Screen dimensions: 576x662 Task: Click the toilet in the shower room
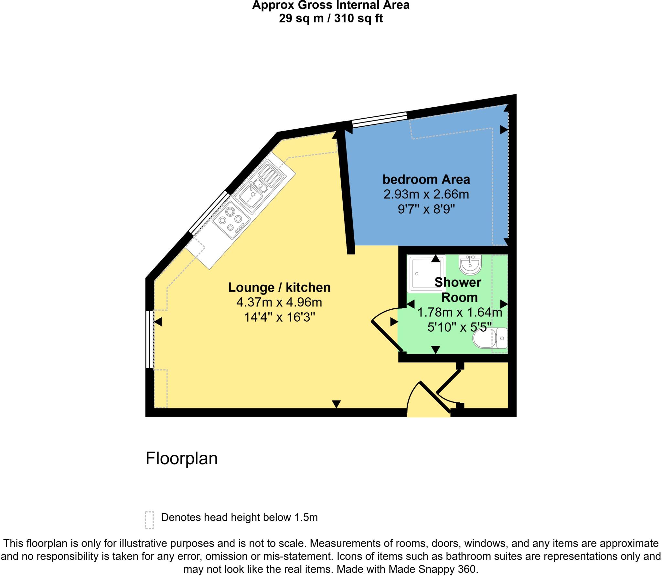coord(490,338)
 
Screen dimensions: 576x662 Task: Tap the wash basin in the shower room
coord(470,264)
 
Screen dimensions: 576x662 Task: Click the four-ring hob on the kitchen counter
coord(231,219)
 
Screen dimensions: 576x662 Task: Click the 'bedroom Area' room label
coord(426,179)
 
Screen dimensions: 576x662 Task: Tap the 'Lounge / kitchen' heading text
coord(279,287)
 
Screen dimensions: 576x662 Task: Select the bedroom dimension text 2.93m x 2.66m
coord(426,195)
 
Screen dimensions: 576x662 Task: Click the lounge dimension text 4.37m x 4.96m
coord(279,303)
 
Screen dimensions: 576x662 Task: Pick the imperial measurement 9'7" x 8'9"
coord(426,210)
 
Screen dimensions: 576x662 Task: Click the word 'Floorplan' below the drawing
coord(181,459)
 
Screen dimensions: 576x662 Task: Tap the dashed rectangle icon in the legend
coord(149,520)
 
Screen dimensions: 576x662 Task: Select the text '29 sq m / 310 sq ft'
coord(331,18)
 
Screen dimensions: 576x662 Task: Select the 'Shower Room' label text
coord(458,290)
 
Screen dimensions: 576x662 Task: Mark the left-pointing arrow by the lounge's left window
coord(158,322)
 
